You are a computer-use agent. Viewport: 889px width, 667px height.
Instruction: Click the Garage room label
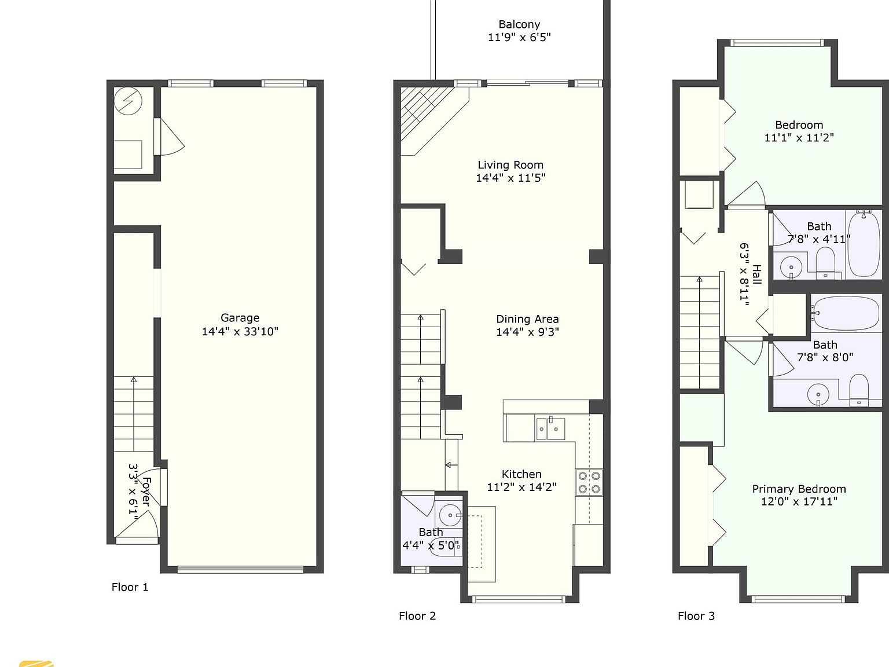(240, 318)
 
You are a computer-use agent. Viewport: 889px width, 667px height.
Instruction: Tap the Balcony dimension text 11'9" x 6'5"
(519, 38)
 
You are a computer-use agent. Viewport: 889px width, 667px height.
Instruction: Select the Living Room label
(510, 165)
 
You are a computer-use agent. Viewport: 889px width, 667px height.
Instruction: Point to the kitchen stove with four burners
(589, 482)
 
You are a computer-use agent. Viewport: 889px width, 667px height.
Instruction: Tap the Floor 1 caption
(130, 587)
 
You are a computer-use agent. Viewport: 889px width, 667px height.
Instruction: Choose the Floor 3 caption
(696, 616)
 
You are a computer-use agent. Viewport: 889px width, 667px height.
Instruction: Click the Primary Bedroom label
(799, 489)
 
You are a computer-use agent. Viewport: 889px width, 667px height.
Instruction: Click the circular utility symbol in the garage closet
(128, 102)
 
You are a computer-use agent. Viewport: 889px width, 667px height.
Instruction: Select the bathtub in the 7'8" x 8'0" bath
(848, 313)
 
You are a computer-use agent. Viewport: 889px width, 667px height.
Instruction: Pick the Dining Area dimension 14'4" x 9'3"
(527, 332)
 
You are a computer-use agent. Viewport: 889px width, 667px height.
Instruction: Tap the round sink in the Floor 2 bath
(449, 514)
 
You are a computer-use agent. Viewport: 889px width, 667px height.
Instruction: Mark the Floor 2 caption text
(417, 616)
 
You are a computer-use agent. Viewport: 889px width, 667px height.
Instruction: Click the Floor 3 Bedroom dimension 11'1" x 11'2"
(799, 138)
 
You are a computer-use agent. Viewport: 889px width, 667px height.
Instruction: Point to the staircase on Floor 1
(134, 414)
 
